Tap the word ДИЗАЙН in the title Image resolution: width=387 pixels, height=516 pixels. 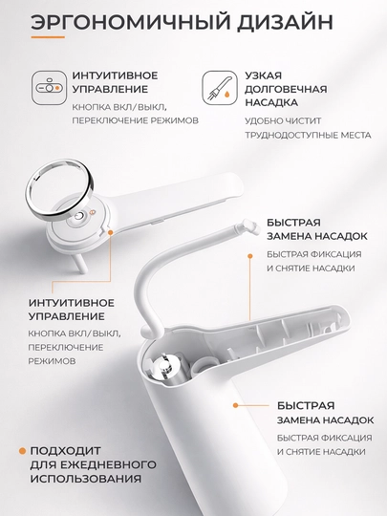coord(286,22)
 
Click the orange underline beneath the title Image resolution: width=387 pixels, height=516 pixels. coord(48,37)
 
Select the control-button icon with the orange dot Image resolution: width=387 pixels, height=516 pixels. coord(49,88)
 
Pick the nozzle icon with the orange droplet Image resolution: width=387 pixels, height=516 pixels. coord(219,88)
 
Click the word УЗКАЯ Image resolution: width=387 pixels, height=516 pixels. coord(264,75)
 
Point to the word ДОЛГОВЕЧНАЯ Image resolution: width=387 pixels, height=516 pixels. coord(286,89)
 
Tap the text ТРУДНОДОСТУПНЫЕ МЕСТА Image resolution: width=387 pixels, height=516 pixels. coord(308,135)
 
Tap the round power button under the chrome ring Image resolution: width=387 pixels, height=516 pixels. coord(79,217)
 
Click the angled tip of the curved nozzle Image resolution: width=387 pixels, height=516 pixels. coord(249,226)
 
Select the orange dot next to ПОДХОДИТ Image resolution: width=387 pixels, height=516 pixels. coord(22,451)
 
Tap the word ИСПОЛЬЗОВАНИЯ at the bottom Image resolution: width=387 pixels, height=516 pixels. coord(86,479)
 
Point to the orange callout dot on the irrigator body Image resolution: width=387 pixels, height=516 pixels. coord(235,405)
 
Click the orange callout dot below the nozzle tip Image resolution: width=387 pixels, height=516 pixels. coord(250,256)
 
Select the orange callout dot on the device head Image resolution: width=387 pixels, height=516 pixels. coord(111,232)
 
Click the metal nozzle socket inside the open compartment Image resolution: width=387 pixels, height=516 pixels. coord(167,367)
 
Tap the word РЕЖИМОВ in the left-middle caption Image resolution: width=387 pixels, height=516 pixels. coord(52,361)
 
